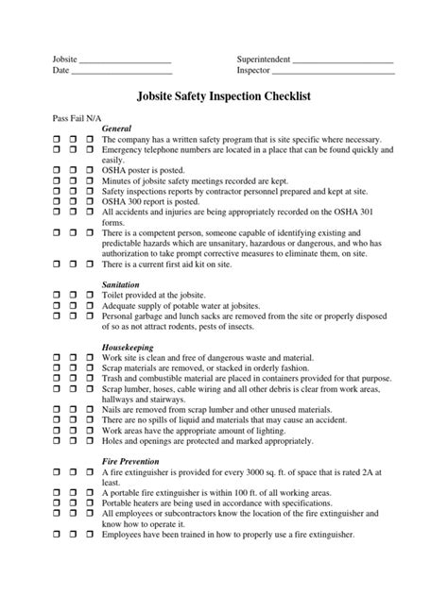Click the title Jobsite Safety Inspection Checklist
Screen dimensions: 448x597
(x=224, y=96)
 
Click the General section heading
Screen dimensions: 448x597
(x=115, y=128)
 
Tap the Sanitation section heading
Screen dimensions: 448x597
(x=120, y=282)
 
